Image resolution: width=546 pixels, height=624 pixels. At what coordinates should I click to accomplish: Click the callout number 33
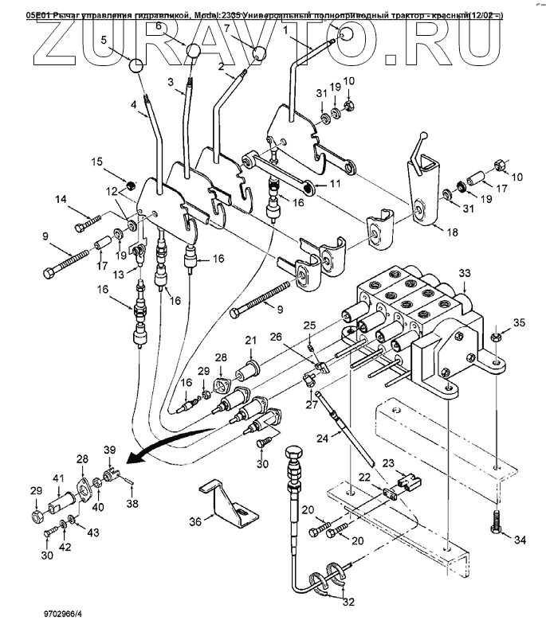point(465,272)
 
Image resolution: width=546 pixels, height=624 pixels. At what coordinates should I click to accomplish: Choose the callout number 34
point(520,540)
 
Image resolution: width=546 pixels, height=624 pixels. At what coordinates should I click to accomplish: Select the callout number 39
point(110,450)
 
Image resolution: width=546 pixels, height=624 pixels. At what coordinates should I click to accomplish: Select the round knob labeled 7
point(259,54)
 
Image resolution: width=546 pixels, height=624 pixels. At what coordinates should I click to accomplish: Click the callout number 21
point(249,341)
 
